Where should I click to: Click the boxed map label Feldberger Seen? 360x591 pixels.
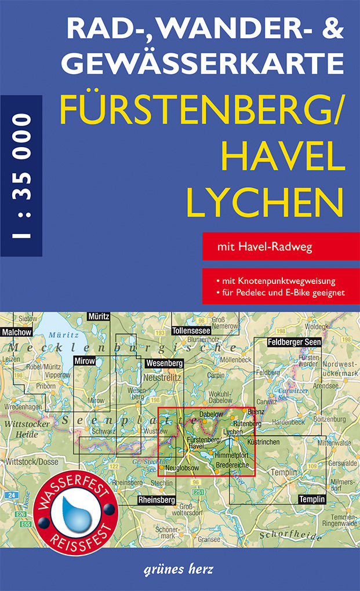pos(294,342)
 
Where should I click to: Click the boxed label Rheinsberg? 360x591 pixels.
pos(157,499)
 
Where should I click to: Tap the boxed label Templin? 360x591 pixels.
pos(312,499)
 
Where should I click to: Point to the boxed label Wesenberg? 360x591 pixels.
pos(165,363)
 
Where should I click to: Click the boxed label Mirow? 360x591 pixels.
pos(84,361)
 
